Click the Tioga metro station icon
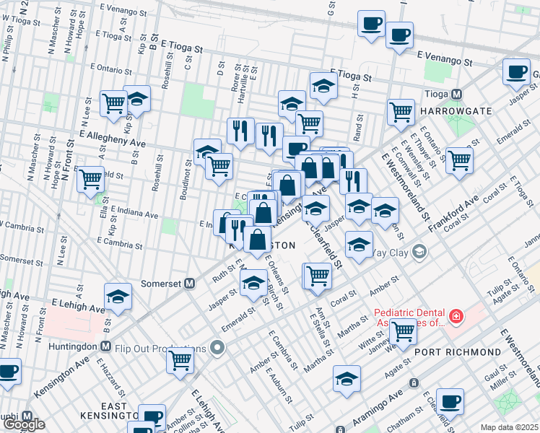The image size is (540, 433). coord(456,95)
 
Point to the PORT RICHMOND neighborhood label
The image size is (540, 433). coord(458,351)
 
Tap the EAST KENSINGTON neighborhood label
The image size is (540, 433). coord(119,411)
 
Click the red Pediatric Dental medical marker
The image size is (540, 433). coord(456,316)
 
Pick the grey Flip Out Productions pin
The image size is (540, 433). coord(218,349)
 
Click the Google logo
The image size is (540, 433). coord(24,424)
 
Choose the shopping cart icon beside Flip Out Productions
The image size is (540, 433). coord(180,359)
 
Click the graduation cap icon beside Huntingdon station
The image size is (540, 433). coord(118,296)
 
